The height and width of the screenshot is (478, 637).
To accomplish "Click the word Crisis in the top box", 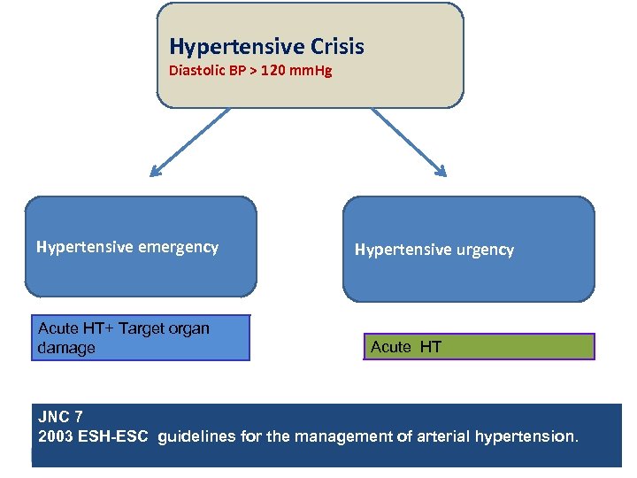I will (333, 47).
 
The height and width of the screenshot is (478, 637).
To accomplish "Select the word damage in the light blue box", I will (66, 348).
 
